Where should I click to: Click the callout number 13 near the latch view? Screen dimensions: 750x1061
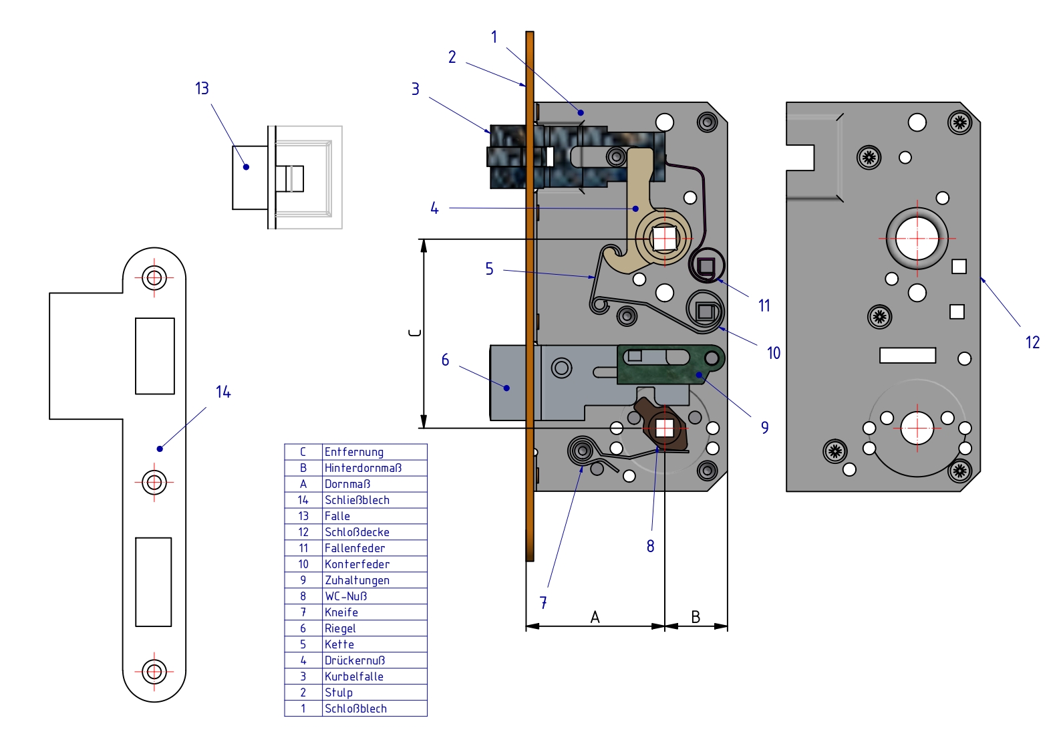(x=202, y=88)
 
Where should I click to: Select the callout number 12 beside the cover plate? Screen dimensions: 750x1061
(x=1032, y=342)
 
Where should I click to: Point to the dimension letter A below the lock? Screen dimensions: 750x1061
(x=595, y=617)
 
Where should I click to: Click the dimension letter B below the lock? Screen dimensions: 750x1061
(x=696, y=617)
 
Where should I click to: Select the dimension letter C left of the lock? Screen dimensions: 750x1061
(x=415, y=332)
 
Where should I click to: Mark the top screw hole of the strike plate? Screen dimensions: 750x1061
(x=154, y=277)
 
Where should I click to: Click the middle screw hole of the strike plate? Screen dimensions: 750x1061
(x=154, y=481)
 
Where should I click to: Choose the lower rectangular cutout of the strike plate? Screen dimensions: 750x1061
(x=154, y=582)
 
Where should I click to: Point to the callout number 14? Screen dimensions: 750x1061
(x=223, y=392)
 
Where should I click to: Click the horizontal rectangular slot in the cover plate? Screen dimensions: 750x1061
(x=907, y=355)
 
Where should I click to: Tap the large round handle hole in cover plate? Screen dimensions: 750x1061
(x=917, y=238)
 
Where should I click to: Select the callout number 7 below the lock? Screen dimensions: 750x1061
(x=543, y=602)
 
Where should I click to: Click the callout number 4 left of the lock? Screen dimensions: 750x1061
(x=434, y=209)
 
